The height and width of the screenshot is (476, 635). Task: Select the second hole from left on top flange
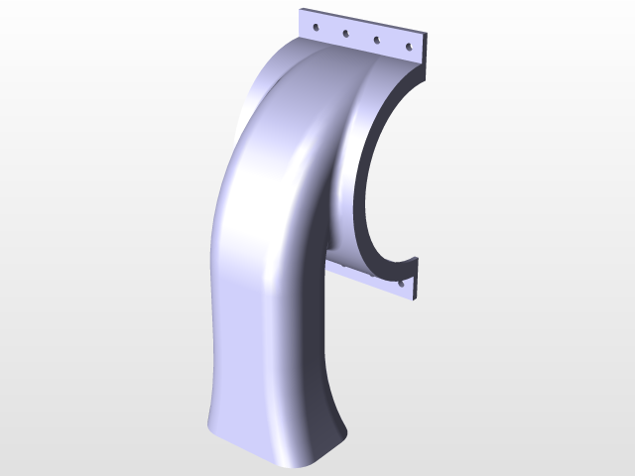point(346,34)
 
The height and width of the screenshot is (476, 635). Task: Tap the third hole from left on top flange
point(377,40)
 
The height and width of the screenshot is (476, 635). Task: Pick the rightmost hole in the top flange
point(407,46)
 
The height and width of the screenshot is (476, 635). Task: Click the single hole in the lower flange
point(402,283)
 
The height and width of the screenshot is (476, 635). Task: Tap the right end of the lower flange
point(416,279)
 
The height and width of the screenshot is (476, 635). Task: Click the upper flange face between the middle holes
point(362,39)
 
